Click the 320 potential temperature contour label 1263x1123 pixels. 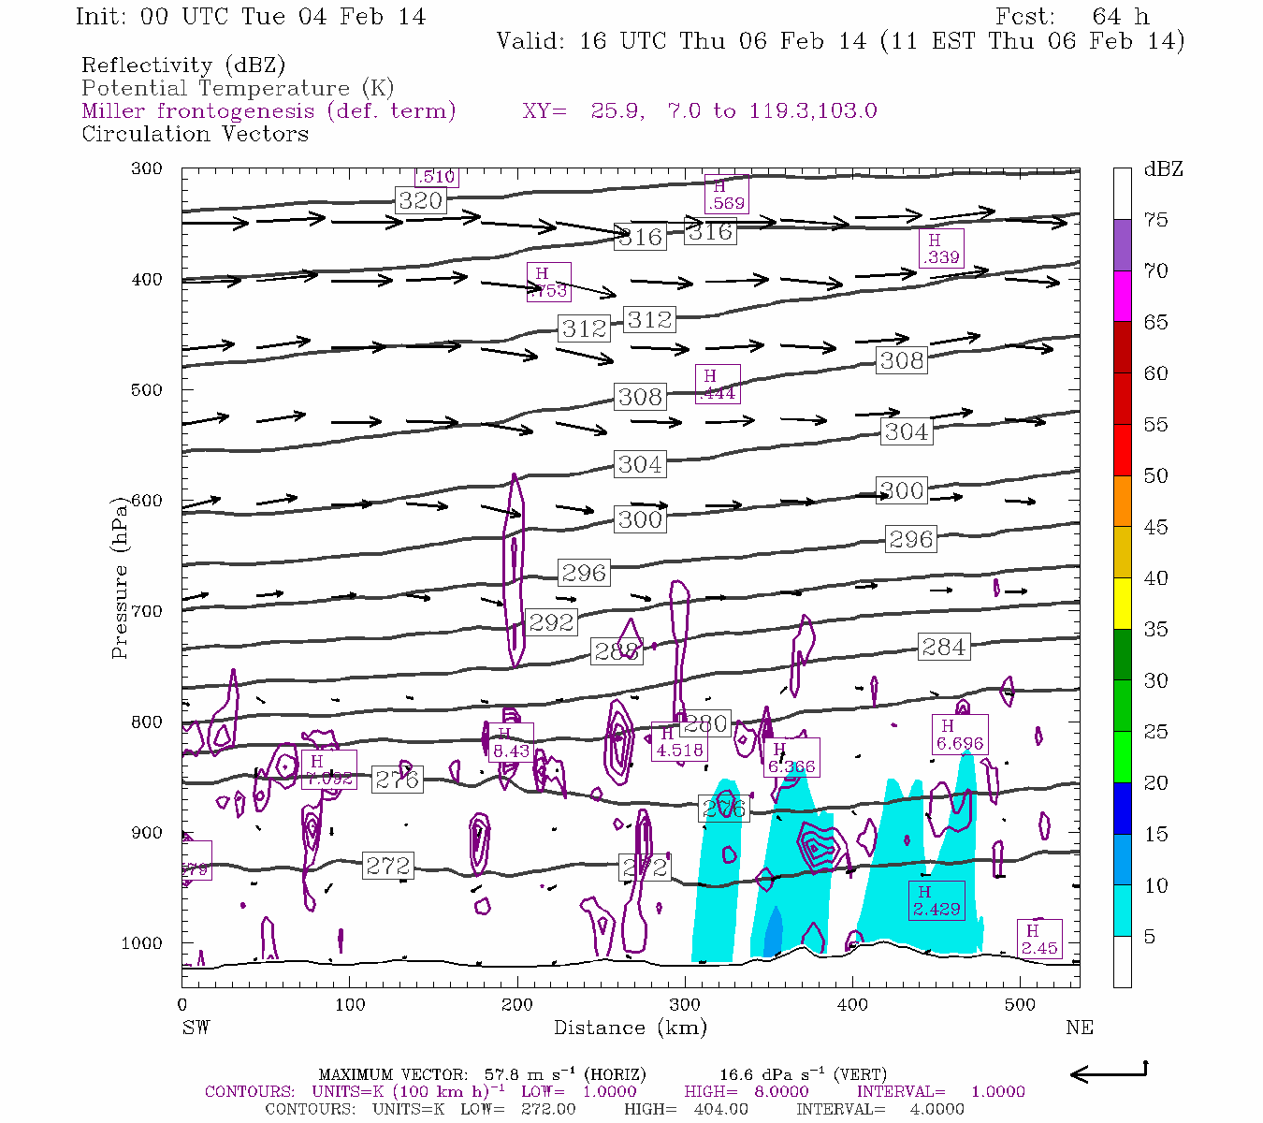click(x=420, y=200)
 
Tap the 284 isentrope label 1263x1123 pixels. click(x=943, y=647)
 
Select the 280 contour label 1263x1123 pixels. click(x=705, y=724)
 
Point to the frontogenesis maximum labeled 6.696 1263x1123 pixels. click(x=960, y=736)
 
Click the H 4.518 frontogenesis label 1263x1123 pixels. click(x=679, y=742)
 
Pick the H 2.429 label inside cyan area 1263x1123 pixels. click(x=936, y=900)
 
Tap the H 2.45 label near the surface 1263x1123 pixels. click(x=1038, y=940)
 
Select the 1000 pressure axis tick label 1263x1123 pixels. click(x=142, y=943)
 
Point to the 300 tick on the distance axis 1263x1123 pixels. click(x=685, y=1005)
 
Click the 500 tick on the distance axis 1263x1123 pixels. click(x=1020, y=1005)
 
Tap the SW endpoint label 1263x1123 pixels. click(x=196, y=1028)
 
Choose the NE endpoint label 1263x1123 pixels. click(x=1079, y=1028)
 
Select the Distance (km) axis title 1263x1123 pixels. click(x=630, y=1028)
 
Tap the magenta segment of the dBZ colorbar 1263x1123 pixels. click(x=1122, y=296)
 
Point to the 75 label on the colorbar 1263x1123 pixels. click(x=1156, y=220)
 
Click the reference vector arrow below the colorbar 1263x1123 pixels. click(x=1109, y=1072)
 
